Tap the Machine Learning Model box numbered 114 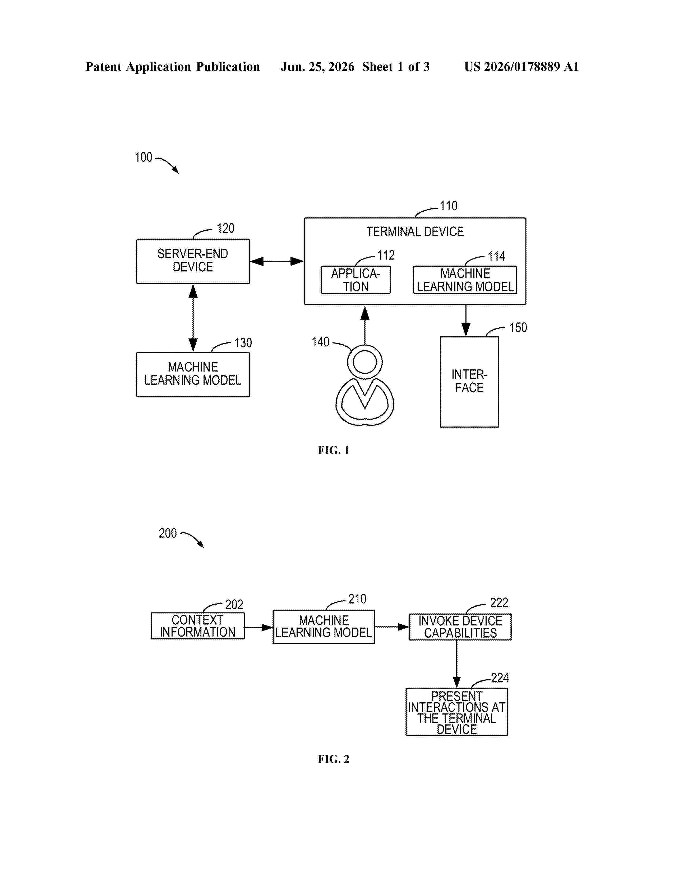pyautogui.click(x=465, y=280)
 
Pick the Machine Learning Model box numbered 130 pyautogui.click(x=193, y=374)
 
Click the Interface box pyautogui.click(x=469, y=382)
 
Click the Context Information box pyautogui.click(x=198, y=626)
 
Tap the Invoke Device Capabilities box pyautogui.click(x=460, y=627)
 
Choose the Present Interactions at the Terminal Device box pyautogui.click(x=456, y=712)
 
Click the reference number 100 pyautogui.click(x=143, y=157)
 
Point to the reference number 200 pyautogui.click(x=168, y=533)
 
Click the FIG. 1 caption pyautogui.click(x=333, y=450)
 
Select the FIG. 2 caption pyautogui.click(x=333, y=759)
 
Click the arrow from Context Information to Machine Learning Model pyautogui.click(x=258, y=627)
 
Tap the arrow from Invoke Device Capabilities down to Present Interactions pyautogui.click(x=457, y=664)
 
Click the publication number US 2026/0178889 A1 pyautogui.click(x=521, y=67)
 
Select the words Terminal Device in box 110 pyautogui.click(x=415, y=231)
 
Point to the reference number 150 pyautogui.click(x=518, y=327)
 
